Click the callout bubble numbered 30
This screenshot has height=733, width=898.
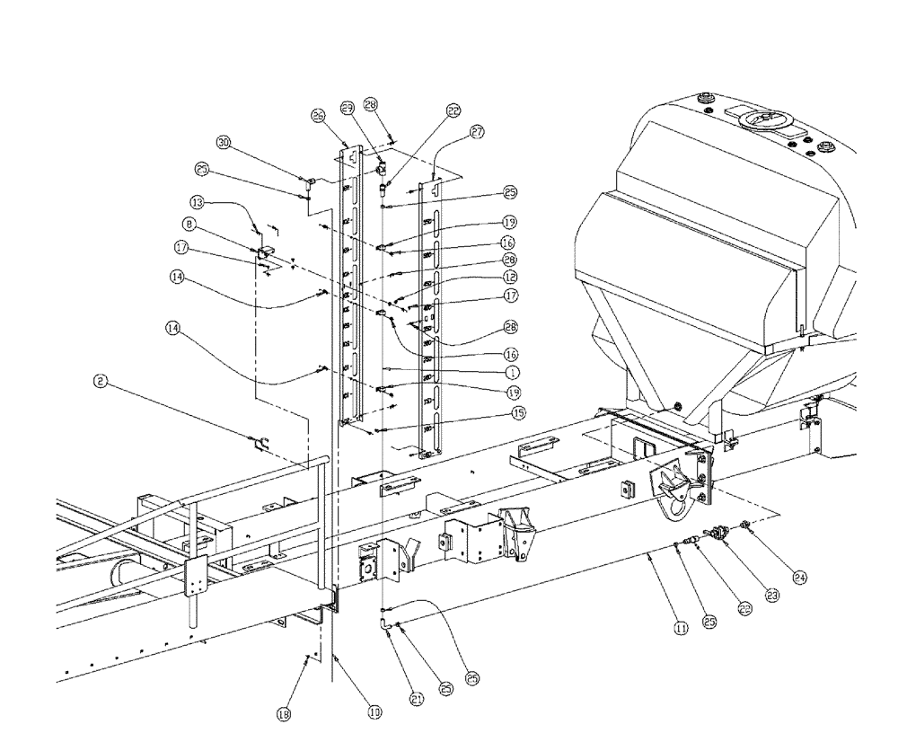pyautogui.click(x=224, y=142)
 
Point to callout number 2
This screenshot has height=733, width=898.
pyautogui.click(x=101, y=381)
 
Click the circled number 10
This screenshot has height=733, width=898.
pyautogui.click(x=374, y=712)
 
